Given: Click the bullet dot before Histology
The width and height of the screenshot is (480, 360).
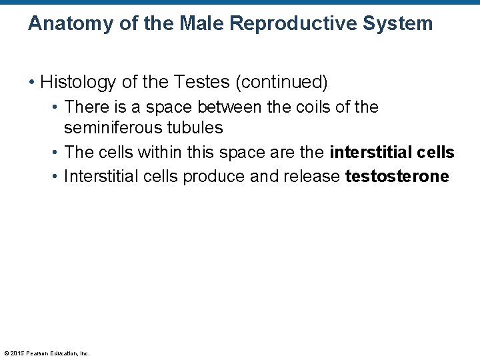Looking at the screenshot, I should (x=31, y=83).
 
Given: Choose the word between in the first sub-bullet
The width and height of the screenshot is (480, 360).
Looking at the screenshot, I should (x=230, y=107).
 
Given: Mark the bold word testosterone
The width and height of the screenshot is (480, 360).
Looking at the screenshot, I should (x=397, y=177).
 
